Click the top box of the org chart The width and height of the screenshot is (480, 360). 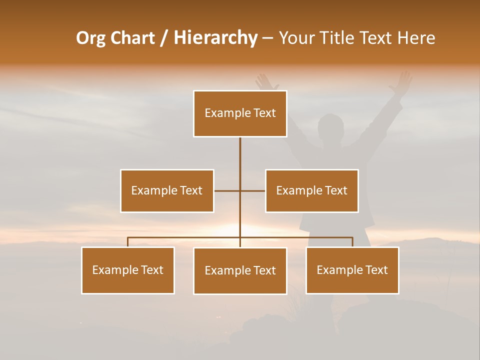[x=240, y=113]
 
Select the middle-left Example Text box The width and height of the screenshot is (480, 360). [x=167, y=190]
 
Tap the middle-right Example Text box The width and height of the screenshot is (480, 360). [x=311, y=190]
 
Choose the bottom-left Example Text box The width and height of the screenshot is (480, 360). [x=128, y=270]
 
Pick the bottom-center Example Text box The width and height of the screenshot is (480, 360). [x=240, y=270]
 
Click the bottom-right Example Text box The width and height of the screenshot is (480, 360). [x=352, y=270]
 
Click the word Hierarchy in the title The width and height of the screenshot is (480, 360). [x=215, y=38]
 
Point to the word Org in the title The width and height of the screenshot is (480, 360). [x=90, y=38]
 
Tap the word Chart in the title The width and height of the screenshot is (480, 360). [x=132, y=38]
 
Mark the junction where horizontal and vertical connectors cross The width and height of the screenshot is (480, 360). [x=240, y=190]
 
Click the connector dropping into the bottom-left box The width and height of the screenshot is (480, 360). [x=128, y=242]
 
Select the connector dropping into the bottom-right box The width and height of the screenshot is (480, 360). [x=352, y=242]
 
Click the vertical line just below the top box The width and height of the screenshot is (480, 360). [x=240, y=150]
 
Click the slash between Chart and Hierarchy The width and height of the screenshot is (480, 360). [x=164, y=38]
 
